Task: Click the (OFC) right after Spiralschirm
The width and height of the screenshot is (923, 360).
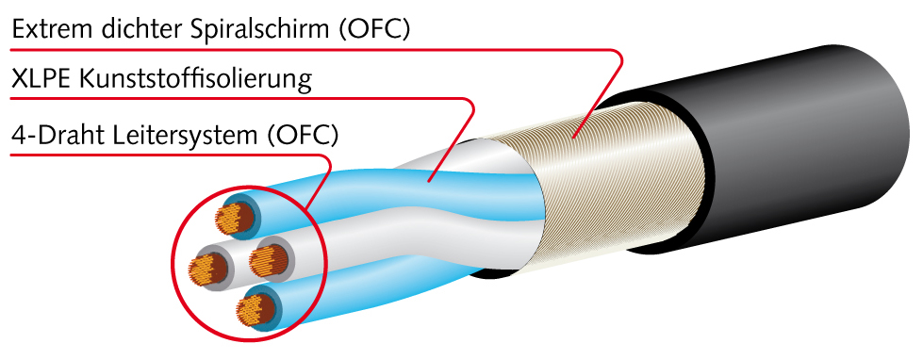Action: point(375,29)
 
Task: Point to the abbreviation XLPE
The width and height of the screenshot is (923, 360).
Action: point(41,80)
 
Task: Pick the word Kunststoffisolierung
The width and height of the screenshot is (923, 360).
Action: point(195,81)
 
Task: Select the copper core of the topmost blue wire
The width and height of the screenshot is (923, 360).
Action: point(236,218)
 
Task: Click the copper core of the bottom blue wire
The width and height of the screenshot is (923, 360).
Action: point(257,309)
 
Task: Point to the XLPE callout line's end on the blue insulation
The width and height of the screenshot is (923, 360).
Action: point(429,179)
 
